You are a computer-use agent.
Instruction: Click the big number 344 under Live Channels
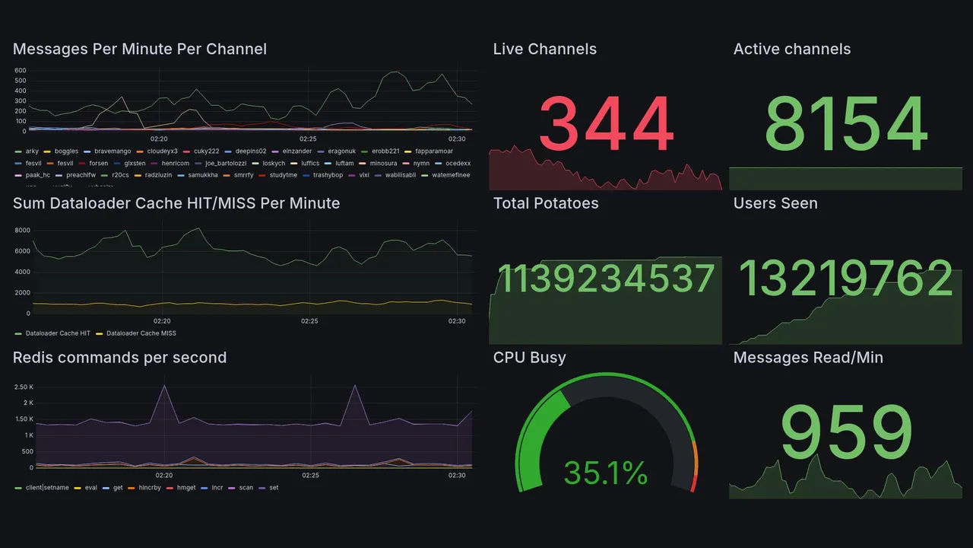pyautogui.click(x=606, y=124)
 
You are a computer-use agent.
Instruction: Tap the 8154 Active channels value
pyautogui.click(x=845, y=124)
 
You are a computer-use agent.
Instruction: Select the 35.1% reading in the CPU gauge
pyautogui.click(x=606, y=473)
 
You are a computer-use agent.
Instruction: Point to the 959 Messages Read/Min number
pyautogui.click(x=845, y=432)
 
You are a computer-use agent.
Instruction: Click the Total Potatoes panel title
pyautogui.click(x=546, y=203)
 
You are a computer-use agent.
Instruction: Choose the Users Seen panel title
pyautogui.click(x=775, y=203)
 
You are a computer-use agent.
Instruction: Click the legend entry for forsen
pyautogui.click(x=98, y=163)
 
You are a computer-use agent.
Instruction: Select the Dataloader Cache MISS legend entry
pyautogui.click(x=141, y=333)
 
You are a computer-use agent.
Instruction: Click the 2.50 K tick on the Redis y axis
pyautogui.click(x=24, y=387)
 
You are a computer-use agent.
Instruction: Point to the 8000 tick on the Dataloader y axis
pyautogui.click(x=22, y=230)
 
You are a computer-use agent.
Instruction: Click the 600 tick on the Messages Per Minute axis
pyautogui.click(x=21, y=71)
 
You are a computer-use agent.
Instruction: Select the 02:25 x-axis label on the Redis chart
pyautogui.click(x=310, y=476)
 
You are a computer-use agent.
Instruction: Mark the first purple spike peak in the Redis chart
pyautogui.click(x=164, y=386)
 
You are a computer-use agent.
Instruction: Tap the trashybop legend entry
pyautogui.click(x=328, y=175)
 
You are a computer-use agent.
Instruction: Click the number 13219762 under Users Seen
pyautogui.click(x=845, y=279)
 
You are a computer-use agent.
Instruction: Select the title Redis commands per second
pyautogui.click(x=119, y=358)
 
